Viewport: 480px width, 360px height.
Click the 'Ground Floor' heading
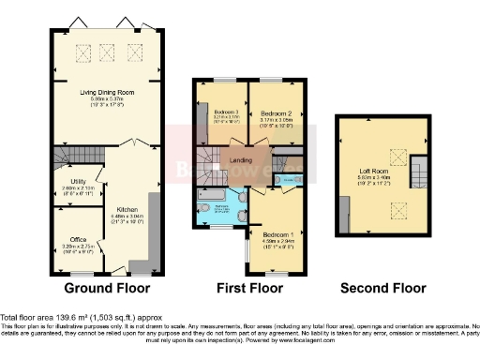104,287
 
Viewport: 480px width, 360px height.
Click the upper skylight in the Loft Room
397,156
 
